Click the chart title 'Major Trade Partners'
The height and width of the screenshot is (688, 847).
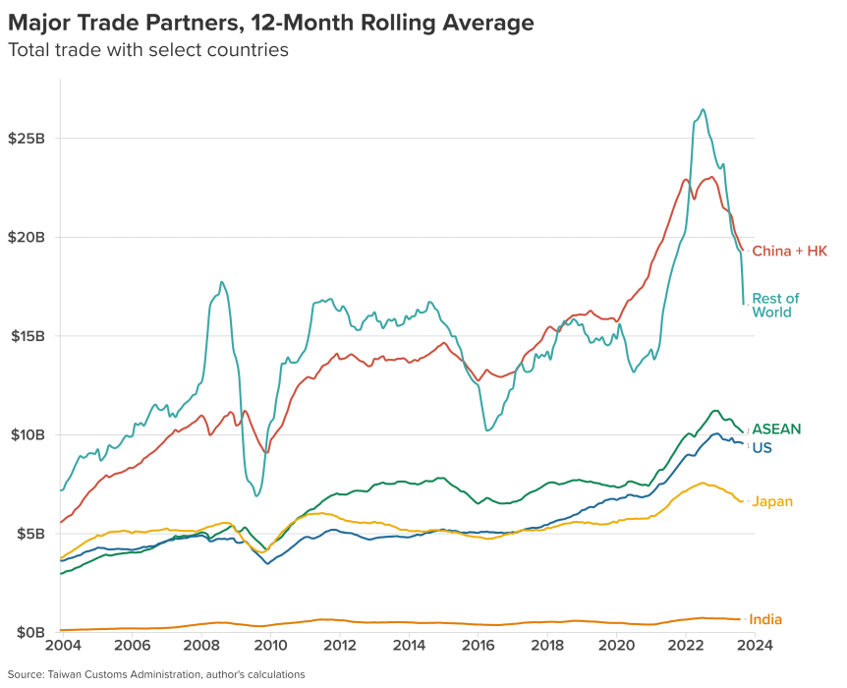point(271,22)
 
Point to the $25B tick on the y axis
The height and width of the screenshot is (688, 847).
point(27,138)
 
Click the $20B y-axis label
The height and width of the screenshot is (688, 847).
point(27,237)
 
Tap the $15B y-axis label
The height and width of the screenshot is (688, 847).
point(27,336)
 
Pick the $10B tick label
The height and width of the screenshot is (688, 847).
point(27,434)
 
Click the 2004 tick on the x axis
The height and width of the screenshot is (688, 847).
point(62,647)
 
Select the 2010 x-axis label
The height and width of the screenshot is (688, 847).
point(270,647)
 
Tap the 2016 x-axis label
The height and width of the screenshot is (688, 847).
point(478,647)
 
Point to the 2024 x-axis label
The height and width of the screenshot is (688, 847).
point(755,647)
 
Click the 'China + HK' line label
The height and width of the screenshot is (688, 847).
point(789,252)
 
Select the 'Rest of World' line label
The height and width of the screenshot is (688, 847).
point(775,306)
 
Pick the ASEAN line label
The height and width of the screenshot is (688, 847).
point(776,430)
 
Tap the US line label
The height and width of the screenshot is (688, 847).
point(762,448)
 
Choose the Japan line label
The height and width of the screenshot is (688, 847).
point(772,502)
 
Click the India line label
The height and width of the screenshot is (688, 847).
point(765,620)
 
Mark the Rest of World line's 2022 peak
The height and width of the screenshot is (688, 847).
point(703,110)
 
